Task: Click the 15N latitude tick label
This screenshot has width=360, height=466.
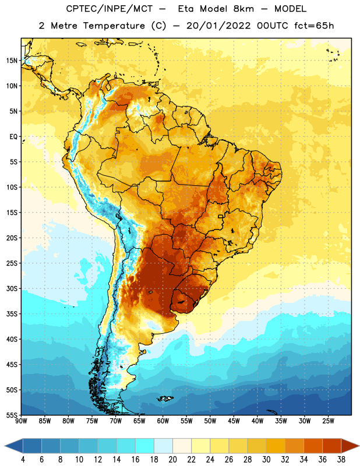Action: pyautogui.click(x=12, y=61)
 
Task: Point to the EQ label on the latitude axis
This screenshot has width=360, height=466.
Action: pyautogui.click(x=13, y=137)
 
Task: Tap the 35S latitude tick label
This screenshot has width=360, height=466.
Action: pyautogui.click(x=12, y=314)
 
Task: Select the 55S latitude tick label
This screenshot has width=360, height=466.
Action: pyautogui.click(x=12, y=415)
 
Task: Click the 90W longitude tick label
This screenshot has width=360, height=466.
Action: pyautogui.click(x=21, y=421)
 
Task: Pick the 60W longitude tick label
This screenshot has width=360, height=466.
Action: pyautogui.click(x=163, y=421)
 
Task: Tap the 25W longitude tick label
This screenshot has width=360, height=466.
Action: pyautogui.click(x=328, y=421)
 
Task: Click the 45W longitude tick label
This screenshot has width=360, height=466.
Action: pyautogui.click(x=234, y=421)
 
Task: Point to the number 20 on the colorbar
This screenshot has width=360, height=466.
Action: pyautogui.click(x=172, y=460)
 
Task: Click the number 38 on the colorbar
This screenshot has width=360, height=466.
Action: pyautogui.click(x=341, y=460)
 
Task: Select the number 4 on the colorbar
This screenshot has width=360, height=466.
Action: pyautogui.click(x=23, y=460)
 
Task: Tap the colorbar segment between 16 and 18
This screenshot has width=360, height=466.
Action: pyautogui.click(x=144, y=446)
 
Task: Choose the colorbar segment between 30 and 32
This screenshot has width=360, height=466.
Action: pyautogui.click(x=276, y=446)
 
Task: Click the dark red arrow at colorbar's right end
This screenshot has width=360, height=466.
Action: pyautogui.click(x=350, y=446)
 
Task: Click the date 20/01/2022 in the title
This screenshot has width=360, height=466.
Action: pyautogui.click(x=218, y=26)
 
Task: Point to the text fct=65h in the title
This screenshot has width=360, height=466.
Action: pyautogui.click(x=314, y=26)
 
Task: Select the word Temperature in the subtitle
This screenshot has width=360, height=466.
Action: pyautogui.click(x=114, y=26)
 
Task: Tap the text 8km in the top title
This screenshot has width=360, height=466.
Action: pyautogui.click(x=243, y=9)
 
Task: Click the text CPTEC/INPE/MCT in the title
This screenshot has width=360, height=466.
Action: pyautogui.click(x=109, y=9)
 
